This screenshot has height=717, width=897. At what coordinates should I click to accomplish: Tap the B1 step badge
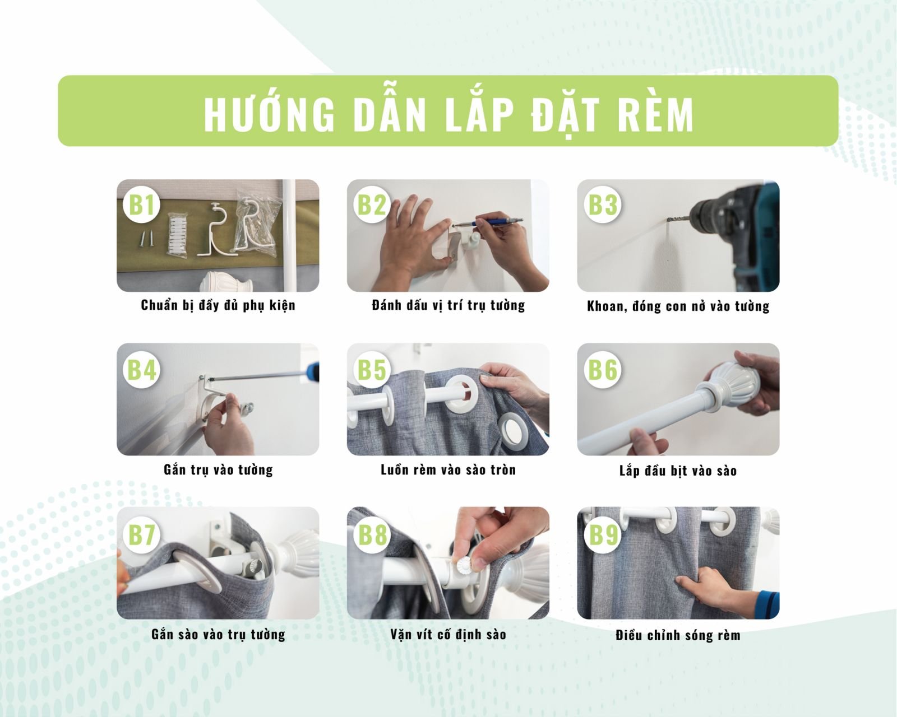[141, 204]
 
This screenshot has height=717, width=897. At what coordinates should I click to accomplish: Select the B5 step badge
[371, 370]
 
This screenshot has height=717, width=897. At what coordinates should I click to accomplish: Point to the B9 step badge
[602, 534]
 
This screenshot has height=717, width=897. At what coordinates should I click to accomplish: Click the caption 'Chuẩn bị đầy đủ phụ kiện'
[218, 305]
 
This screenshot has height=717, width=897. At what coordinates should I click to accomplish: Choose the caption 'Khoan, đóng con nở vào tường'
[678, 306]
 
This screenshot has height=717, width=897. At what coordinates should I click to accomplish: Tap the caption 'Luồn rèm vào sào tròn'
[448, 469]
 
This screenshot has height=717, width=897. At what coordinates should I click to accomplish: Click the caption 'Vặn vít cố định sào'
[448, 634]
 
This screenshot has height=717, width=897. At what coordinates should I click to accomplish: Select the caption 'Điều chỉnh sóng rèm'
[678, 635]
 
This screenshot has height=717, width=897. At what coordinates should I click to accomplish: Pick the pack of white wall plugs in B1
[177, 234]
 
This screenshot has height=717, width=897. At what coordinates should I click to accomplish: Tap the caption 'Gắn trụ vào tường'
[218, 469]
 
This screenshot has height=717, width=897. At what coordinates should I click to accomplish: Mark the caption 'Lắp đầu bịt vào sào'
[678, 471]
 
